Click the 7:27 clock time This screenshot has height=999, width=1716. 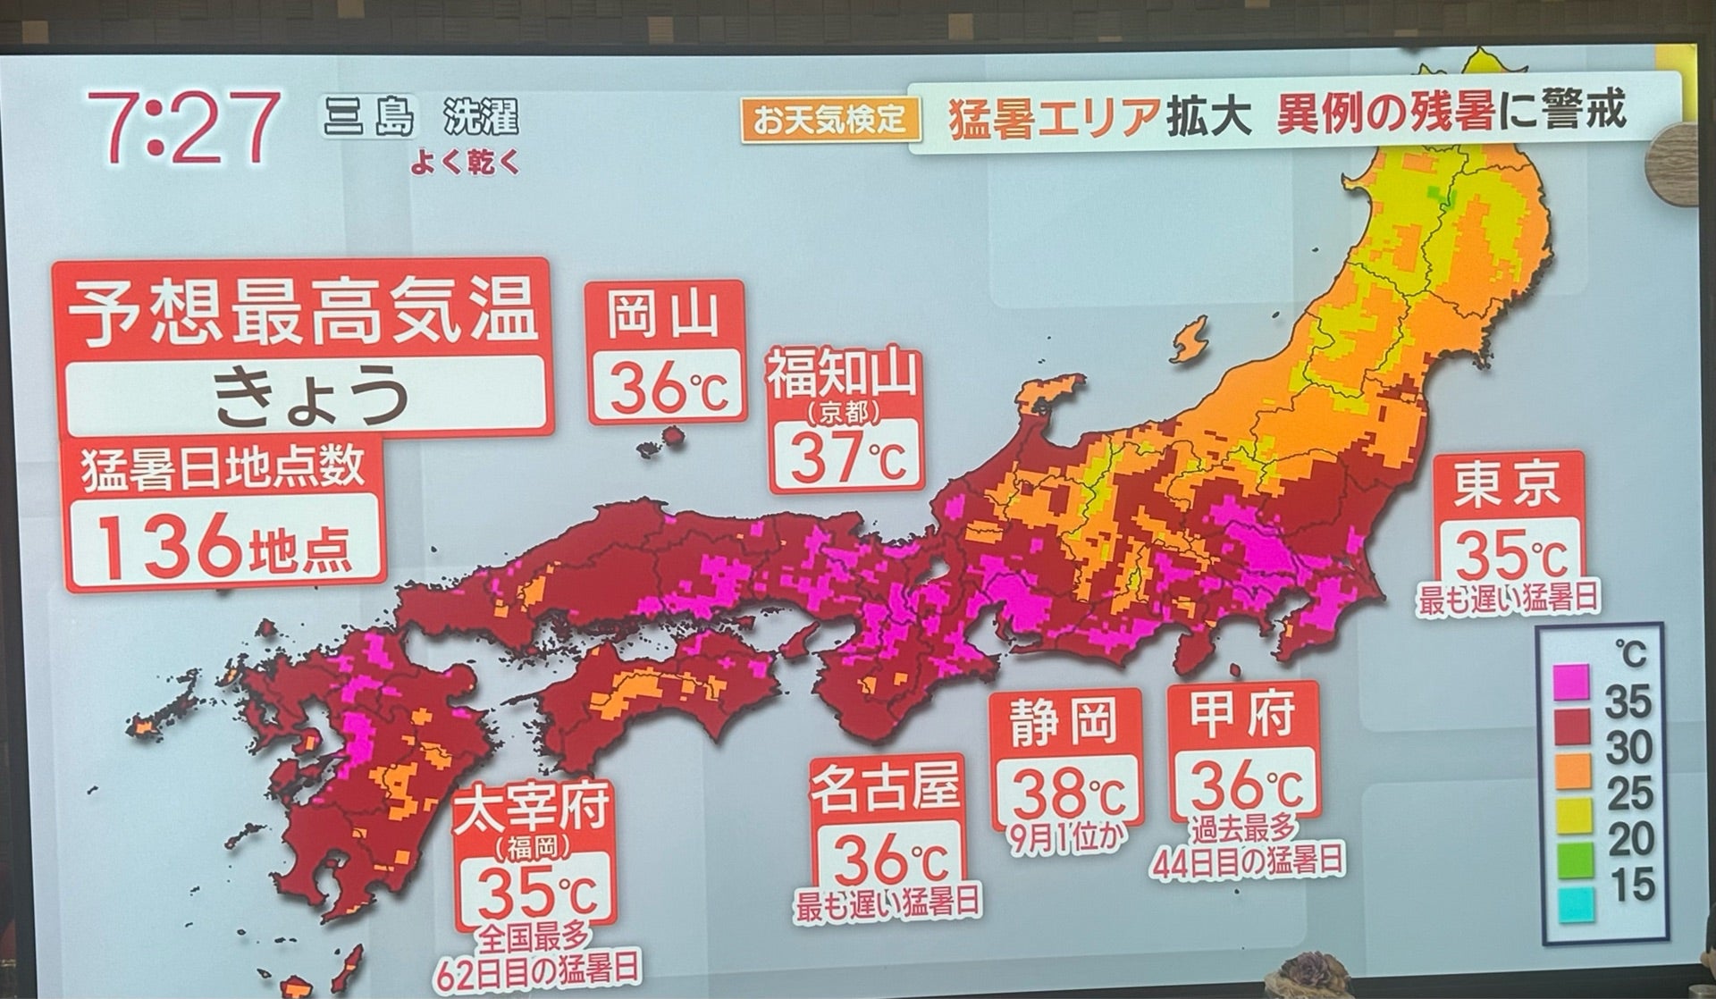coord(183,126)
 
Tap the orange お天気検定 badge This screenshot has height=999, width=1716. coord(830,119)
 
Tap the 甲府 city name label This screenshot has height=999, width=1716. coord(1243,715)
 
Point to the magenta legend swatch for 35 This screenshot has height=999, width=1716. coord(1572,681)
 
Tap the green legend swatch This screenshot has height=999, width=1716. coord(1572,859)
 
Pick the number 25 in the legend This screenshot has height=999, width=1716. coord(1628,793)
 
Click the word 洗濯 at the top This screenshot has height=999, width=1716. coord(480,120)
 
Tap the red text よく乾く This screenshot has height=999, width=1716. coord(465,164)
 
